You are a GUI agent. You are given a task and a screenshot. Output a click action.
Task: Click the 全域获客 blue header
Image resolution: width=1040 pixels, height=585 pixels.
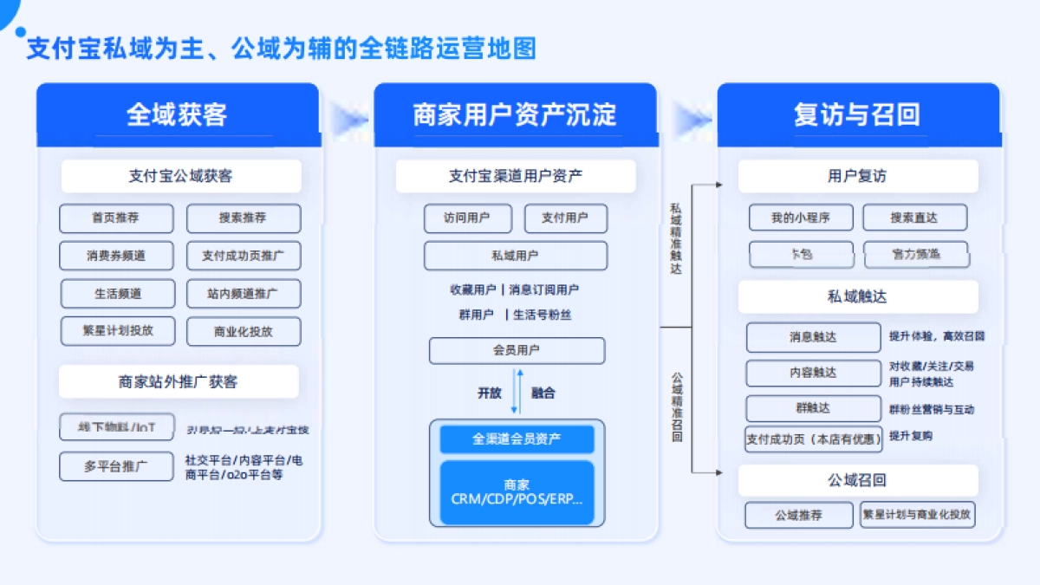177,114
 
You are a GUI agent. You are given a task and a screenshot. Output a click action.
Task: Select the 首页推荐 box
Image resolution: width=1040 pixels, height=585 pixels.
116,218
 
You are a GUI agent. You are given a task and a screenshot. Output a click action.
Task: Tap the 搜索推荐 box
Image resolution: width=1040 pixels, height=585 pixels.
244,218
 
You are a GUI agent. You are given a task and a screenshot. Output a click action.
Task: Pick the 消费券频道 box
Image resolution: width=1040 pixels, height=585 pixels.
116,256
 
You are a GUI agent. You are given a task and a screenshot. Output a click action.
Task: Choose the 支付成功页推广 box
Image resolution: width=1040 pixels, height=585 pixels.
244,256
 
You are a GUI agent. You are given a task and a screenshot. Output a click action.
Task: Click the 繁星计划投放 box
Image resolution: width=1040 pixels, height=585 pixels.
117,330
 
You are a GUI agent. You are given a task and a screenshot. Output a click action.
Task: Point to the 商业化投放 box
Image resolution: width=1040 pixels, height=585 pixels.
244,331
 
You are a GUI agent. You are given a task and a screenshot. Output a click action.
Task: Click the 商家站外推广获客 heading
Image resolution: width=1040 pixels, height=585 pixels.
179,381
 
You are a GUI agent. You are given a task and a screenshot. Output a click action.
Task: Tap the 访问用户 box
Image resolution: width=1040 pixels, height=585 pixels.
467,218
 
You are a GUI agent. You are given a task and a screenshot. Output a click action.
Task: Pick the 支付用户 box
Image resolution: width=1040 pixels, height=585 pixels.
565,218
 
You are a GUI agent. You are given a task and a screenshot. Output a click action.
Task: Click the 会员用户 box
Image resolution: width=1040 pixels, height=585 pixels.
517,351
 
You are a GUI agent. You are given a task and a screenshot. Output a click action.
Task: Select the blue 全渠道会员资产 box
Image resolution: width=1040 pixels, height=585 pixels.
517,439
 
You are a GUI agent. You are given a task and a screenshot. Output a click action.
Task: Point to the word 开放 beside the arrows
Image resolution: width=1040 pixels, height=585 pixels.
489,393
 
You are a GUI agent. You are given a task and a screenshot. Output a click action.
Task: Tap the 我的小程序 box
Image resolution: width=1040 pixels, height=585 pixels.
801,218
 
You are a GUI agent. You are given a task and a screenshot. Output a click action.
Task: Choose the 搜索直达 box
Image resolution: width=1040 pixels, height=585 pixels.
914,218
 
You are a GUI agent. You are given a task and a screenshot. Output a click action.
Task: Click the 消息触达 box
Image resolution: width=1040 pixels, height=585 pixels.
813,337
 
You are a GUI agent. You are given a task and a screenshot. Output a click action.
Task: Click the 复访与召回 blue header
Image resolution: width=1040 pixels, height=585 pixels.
857,114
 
